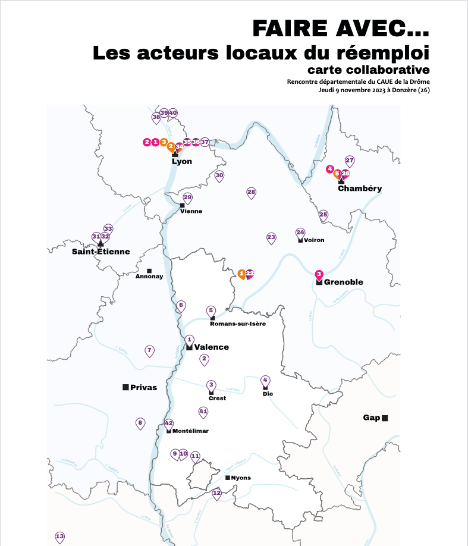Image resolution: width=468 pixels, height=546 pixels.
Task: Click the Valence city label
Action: click(x=211, y=347)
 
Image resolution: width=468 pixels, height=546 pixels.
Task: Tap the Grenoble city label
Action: click(x=343, y=282)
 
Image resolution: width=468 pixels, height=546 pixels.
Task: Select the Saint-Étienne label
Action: click(x=100, y=252)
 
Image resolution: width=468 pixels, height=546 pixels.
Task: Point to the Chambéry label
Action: click(x=360, y=189)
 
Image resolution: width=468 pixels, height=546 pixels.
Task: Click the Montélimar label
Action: click(x=190, y=431)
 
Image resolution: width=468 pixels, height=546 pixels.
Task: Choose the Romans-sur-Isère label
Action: click(x=238, y=324)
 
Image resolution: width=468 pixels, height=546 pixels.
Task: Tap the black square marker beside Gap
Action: click(x=385, y=418)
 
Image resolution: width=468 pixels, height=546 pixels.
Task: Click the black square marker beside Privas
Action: click(x=125, y=387)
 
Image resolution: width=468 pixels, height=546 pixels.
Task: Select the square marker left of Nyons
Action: click(x=227, y=478)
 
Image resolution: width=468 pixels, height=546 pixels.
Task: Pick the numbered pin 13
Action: click(x=59, y=537)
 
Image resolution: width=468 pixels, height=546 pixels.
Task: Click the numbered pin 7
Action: click(x=149, y=351)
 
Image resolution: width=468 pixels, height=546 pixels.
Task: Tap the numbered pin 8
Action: click(x=140, y=423)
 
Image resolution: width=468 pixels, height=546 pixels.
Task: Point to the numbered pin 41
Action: click(x=203, y=412)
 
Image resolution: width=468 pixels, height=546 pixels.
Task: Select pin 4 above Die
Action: click(x=265, y=380)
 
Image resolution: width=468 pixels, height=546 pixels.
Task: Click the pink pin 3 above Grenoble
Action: click(x=319, y=275)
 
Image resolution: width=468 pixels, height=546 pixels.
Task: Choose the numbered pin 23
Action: click(x=271, y=238)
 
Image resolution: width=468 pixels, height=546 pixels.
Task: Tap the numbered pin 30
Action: click(x=219, y=176)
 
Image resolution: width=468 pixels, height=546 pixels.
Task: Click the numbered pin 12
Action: click(x=216, y=493)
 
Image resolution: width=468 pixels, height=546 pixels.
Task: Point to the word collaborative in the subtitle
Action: click(x=391, y=71)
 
